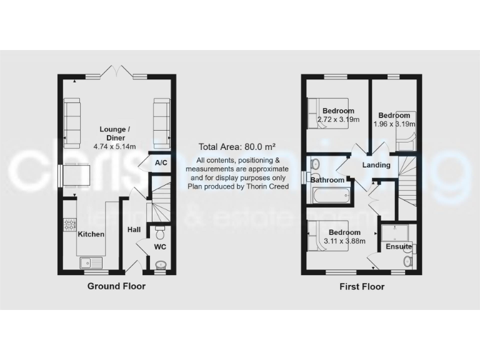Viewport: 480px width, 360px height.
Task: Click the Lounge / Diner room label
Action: tap(112, 134)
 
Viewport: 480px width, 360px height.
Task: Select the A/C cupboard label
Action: tap(161, 163)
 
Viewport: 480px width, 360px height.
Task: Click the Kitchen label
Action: tap(91, 234)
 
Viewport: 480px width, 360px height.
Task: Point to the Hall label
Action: tap(134, 230)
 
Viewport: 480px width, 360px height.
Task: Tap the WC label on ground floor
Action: tap(161, 246)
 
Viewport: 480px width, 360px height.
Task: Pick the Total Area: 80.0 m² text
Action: tap(237, 147)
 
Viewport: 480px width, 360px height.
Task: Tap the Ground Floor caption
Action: tap(116, 286)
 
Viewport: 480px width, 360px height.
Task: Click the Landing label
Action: tap(376, 165)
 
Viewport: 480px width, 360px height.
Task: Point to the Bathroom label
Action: tap(327, 180)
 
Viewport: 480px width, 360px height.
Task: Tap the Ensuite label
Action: tap(398, 246)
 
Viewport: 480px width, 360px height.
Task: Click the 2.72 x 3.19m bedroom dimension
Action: tap(338, 119)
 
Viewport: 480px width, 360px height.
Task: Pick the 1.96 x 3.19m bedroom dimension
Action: tap(394, 124)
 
